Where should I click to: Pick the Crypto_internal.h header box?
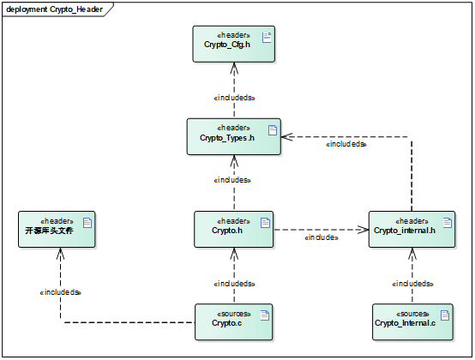[x=406, y=230]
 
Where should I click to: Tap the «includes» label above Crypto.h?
[x=232, y=180]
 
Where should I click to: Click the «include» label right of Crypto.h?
[x=322, y=237]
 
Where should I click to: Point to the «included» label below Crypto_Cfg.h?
[x=235, y=98]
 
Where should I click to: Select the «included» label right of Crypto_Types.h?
[x=346, y=144]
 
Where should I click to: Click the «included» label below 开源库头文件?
[x=61, y=292]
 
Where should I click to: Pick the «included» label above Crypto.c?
[x=235, y=283]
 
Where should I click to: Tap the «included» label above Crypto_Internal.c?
[x=413, y=283]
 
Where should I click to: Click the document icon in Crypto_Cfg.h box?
[x=266, y=37]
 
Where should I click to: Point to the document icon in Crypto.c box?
[x=265, y=315]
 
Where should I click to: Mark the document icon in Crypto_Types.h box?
[x=272, y=130]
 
